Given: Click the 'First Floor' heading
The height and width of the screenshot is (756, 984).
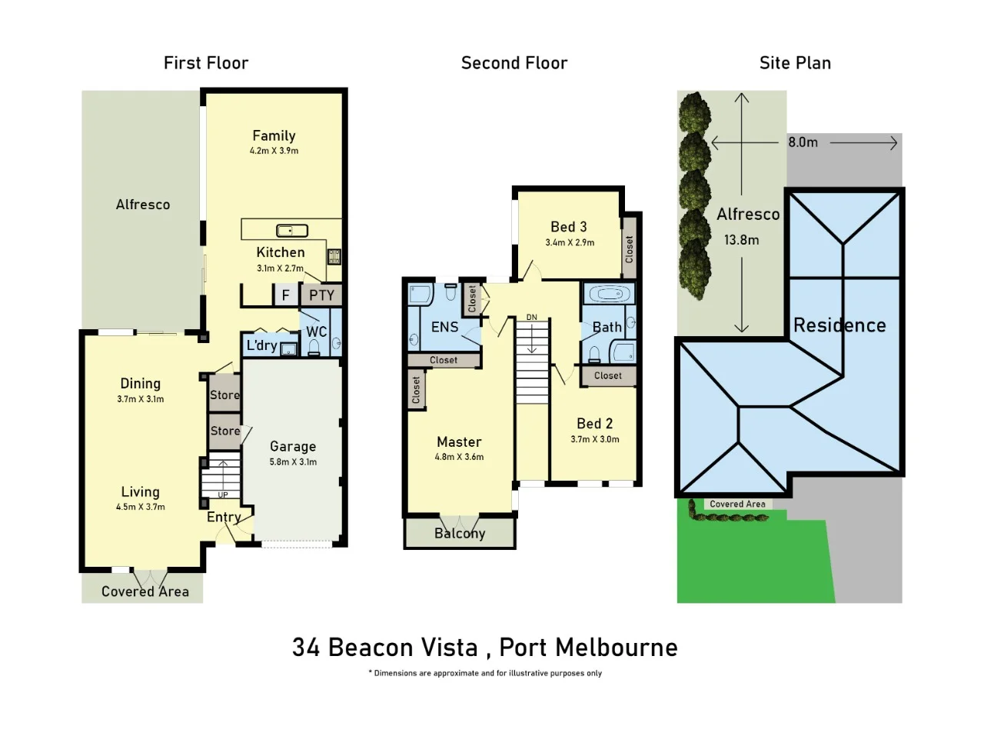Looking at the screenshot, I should (206, 63).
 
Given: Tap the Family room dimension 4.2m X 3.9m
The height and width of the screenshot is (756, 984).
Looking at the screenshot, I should (274, 152).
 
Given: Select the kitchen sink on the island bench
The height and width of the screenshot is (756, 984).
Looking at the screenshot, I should (292, 230).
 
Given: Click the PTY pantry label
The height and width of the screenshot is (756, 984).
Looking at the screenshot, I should (321, 295).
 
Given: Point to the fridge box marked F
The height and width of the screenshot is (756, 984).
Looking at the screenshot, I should (285, 295).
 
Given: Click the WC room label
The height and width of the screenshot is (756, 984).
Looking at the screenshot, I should (316, 331).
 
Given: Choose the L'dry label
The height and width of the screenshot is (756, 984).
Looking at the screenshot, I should (261, 345).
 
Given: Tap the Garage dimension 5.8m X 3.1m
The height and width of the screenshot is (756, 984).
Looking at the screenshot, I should (293, 462).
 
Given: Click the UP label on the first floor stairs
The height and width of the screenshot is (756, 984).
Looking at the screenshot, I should (223, 495).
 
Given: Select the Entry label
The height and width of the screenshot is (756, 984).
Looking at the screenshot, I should (224, 517).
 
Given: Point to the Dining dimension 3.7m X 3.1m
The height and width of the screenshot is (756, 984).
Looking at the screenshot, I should (140, 399).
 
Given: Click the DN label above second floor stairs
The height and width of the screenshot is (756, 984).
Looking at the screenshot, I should (532, 318).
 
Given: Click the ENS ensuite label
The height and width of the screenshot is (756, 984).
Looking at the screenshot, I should (444, 327).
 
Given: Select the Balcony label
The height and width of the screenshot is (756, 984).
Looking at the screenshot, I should (460, 533).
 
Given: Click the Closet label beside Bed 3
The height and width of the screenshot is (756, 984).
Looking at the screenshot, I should (630, 249).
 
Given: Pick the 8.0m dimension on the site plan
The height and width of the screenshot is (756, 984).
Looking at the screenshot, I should (803, 142).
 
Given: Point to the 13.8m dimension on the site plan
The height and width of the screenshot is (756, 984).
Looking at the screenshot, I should (741, 240).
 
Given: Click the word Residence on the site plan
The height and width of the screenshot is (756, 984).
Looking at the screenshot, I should (839, 325).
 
